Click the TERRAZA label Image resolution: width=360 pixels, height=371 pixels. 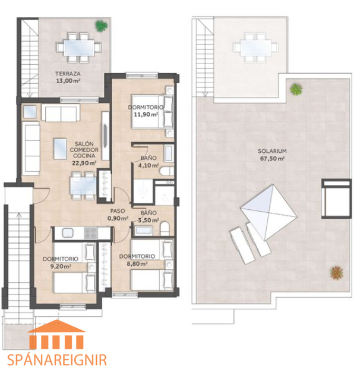click(x=68, y=74)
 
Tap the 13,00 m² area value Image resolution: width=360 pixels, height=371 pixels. click(x=68, y=81)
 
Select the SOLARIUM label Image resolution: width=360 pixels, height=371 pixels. click(x=272, y=151)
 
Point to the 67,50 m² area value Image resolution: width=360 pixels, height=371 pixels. click(x=272, y=158)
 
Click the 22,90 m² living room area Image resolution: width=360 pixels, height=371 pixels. click(x=84, y=163)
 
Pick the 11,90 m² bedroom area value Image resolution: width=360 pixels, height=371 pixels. click(x=146, y=115)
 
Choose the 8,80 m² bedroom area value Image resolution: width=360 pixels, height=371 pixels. click(x=137, y=263)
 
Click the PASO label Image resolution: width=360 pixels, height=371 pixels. click(x=118, y=211)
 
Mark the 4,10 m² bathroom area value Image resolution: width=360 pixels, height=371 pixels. click(x=149, y=165)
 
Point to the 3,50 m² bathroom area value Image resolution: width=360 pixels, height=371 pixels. click(x=148, y=220)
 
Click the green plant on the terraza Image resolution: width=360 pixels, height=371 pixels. click(x=102, y=26)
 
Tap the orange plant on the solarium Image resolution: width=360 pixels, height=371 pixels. click(x=337, y=272)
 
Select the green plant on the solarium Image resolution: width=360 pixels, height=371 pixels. click(x=296, y=89)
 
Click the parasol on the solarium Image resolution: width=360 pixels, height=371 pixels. click(x=269, y=212)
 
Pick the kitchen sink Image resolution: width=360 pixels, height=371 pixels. click(x=68, y=233)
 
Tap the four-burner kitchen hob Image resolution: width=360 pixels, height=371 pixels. click(x=91, y=233)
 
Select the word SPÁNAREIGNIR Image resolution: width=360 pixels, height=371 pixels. click(x=56, y=360)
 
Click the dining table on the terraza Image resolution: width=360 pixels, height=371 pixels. click(x=79, y=48)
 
